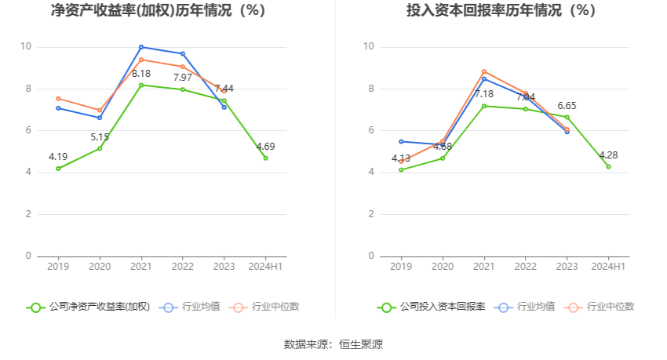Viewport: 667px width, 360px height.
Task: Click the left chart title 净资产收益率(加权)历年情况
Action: click(x=158, y=11)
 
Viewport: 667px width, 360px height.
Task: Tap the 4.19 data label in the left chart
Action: click(x=58, y=157)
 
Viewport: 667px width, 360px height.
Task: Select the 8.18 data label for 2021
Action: click(x=141, y=73)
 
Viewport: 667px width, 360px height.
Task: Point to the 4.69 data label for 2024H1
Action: click(x=265, y=146)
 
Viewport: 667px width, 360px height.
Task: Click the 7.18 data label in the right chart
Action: click(x=484, y=94)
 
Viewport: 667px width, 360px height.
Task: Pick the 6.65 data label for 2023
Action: click(x=567, y=105)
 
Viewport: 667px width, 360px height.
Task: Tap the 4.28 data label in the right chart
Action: click(x=608, y=155)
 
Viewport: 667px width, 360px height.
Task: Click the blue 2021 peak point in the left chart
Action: click(x=141, y=47)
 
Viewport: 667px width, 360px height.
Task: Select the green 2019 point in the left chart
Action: click(x=58, y=169)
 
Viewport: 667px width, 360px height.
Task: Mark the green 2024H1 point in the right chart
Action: click(x=608, y=166)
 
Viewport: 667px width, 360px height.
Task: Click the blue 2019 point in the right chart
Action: click(x=401, y=141)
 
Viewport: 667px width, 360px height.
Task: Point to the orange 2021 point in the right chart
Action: click(x=484, y=71)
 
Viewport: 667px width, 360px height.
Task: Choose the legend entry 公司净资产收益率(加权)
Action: click(x=88, y=307)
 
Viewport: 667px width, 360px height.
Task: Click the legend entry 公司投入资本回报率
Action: click(x=431, y=307)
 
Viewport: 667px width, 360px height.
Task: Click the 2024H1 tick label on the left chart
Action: click(x=265, y=267)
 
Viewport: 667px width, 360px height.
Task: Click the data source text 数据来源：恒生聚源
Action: click(x=333, y=344)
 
